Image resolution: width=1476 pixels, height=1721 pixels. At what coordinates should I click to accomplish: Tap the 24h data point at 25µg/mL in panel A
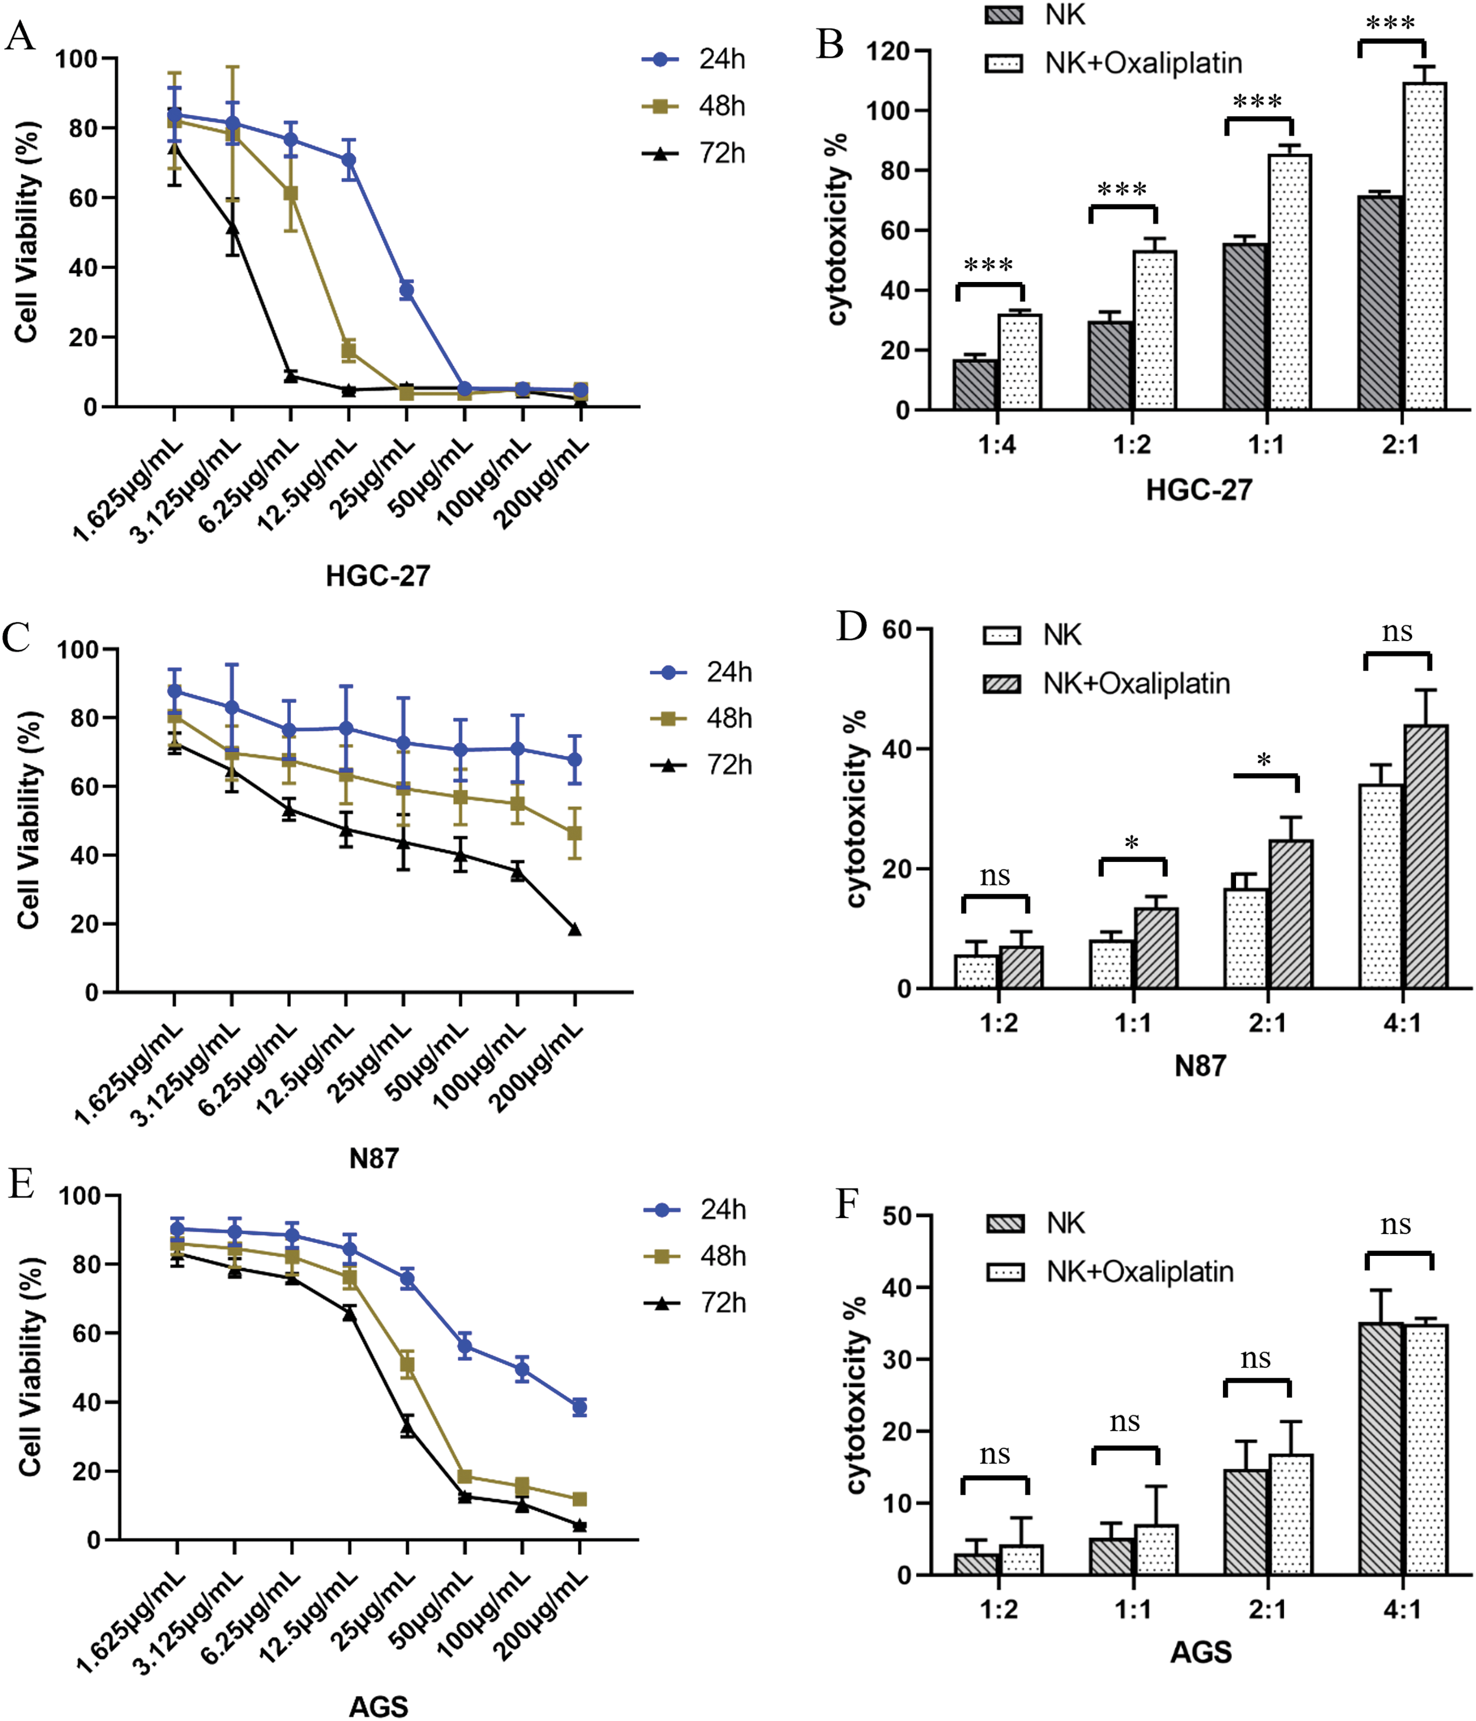point(406,290)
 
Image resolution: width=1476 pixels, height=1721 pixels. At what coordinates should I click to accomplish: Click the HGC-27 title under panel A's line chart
point(378,575)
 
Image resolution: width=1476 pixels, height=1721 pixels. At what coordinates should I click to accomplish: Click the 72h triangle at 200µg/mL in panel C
point(575,930)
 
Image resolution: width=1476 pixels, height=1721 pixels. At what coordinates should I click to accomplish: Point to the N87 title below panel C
point(374,1158)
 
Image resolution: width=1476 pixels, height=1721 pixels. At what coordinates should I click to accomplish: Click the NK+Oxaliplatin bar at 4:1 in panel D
point(1425,856)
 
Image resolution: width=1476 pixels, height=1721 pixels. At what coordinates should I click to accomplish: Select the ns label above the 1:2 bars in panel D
point(995,876)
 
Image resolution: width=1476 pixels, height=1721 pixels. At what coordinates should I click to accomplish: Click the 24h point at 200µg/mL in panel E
point(580,1407)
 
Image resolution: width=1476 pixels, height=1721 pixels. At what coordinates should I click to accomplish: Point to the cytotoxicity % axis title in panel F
point(856,1395)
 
